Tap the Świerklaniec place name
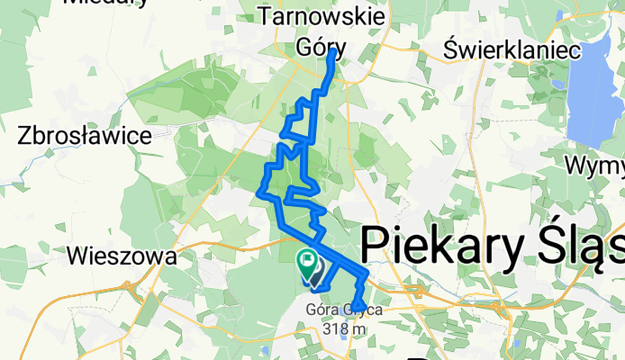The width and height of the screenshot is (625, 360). [511, 50]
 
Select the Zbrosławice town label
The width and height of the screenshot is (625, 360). [83, 136]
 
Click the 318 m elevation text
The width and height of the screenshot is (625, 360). [346, 328]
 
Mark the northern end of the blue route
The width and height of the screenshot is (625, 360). [332, 52]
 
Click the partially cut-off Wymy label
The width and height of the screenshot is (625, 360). [595, 166]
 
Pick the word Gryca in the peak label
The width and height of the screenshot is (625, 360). [365, 310]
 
